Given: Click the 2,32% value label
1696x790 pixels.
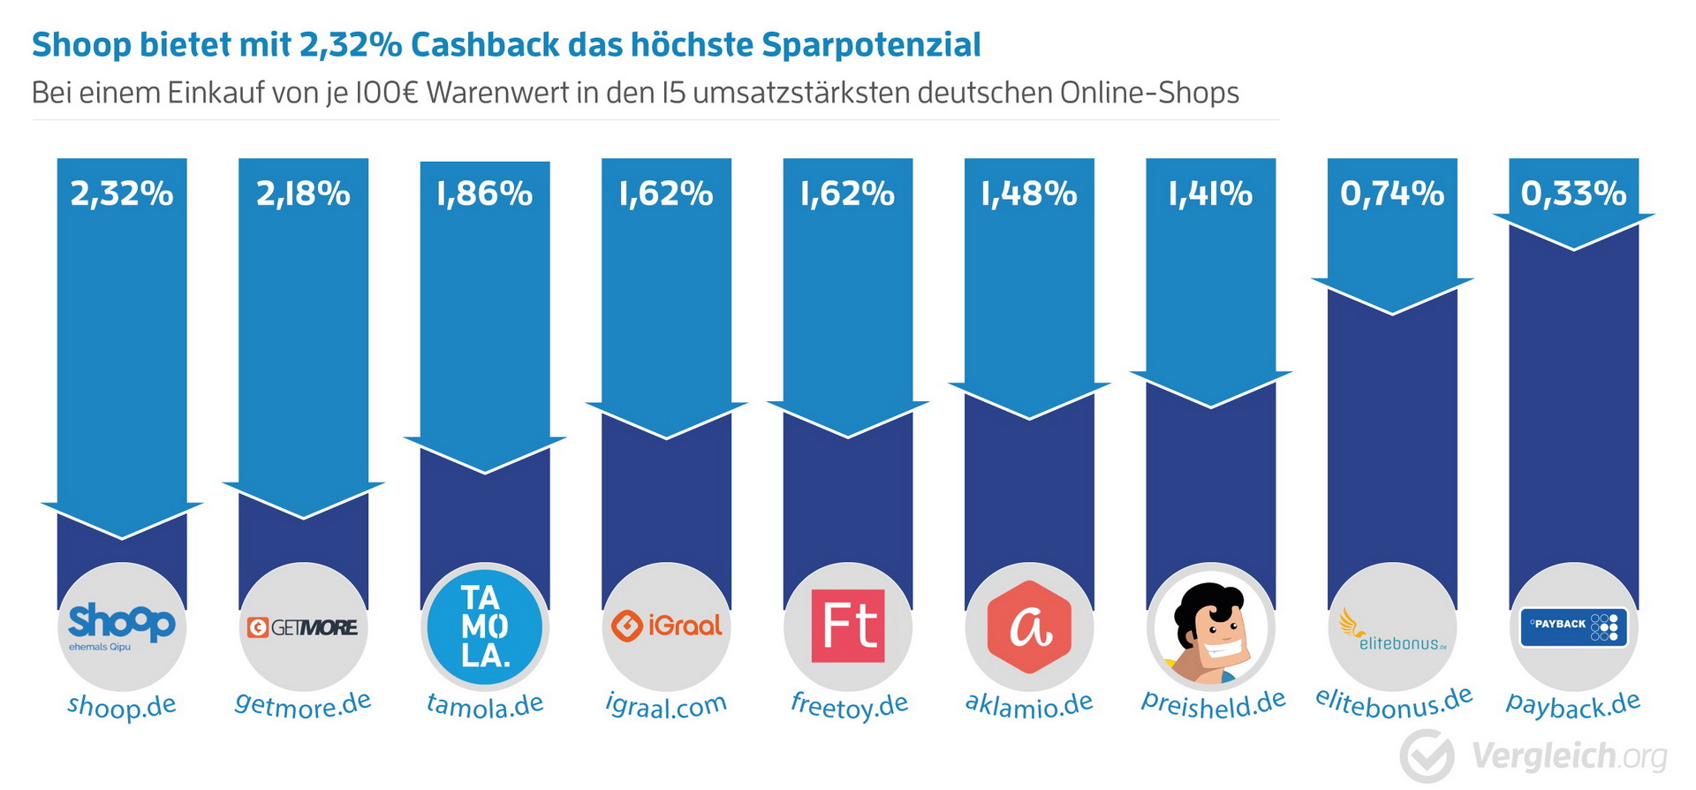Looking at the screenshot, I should (122, 194).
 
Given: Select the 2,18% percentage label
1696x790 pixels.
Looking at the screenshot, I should (303, 194).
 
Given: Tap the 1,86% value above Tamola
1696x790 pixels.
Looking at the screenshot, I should (484, 194).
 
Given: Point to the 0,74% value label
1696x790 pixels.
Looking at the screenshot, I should (1392, 194).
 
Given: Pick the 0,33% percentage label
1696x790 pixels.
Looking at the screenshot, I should (1573, 194).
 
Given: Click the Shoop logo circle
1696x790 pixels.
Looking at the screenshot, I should (122, 627).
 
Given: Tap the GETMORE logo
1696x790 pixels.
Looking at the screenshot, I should (303, 627).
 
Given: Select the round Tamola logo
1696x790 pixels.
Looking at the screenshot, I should (485, 627).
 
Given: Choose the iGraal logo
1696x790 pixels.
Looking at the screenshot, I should (667, 626).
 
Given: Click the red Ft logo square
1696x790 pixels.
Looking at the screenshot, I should (848, 626).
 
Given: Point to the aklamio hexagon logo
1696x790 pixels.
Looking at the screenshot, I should (1029, 627).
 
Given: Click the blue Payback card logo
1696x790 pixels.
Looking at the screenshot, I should (1573, 627).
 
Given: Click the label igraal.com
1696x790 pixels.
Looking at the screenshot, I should (666, 705).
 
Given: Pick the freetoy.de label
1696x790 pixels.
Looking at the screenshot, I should (849, 705).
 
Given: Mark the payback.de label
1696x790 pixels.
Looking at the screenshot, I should (1573, 704).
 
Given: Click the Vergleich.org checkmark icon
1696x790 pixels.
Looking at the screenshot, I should (1427, 756).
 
